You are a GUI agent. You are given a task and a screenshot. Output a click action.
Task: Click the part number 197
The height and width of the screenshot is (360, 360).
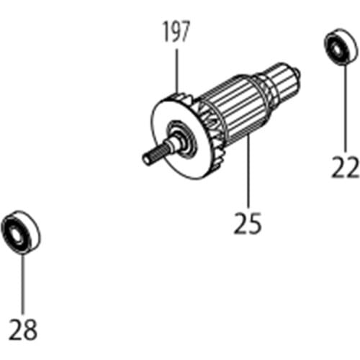[x=176, y=31]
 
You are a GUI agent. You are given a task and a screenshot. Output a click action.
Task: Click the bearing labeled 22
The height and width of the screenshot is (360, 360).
[x=338, y=48]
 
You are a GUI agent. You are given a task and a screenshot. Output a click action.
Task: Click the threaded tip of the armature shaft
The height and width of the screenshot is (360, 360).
[x=150, y=156]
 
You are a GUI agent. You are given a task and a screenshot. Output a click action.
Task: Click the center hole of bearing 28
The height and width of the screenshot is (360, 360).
[x=16, y=231]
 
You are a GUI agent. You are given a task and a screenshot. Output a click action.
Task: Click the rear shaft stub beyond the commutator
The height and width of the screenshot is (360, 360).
[x=294, y=72]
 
